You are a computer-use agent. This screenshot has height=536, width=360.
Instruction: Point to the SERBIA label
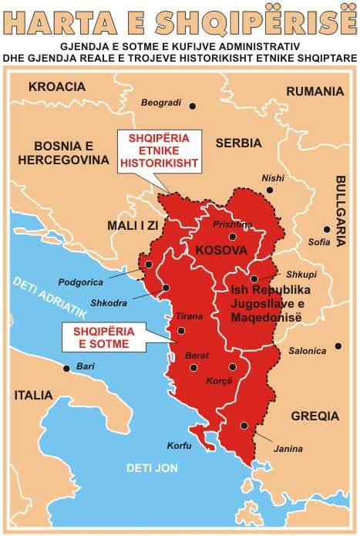coord(238,143)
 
